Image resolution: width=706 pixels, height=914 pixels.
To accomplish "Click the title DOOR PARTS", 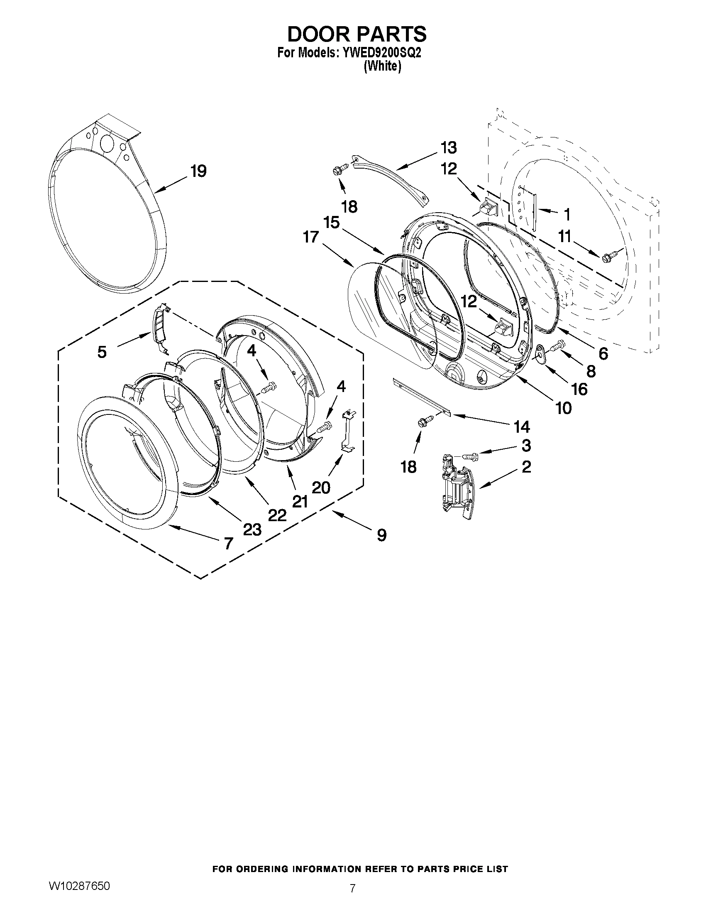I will coord(357,34).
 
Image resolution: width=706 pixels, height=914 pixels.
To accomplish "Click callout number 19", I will coord(199,171).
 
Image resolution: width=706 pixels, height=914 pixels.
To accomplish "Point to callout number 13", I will coord(448,147).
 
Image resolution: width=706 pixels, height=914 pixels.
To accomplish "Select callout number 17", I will coord(311,237).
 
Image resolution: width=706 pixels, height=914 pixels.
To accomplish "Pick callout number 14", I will coord(522,427).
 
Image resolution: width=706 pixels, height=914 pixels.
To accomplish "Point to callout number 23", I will coord(253,529).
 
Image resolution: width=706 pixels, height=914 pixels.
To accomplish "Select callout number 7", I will coord(228,543).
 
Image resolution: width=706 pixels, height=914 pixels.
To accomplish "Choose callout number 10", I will coord(563,407).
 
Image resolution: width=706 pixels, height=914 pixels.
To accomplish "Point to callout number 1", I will coord(567,215).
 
